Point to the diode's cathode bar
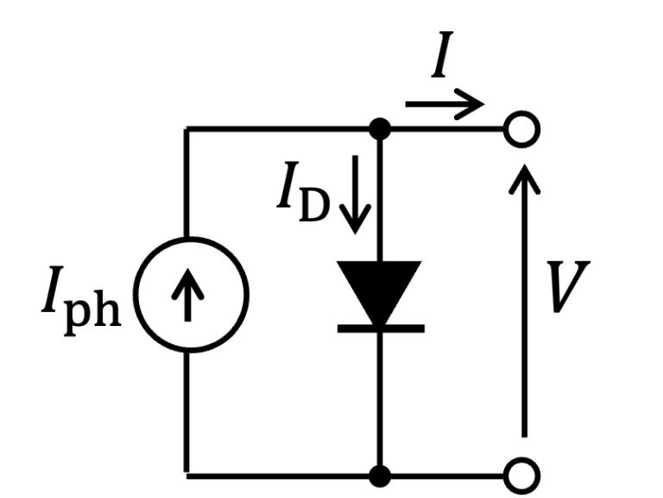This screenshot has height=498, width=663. (x=379, y=329)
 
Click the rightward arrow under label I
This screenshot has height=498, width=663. (x=445, y=105)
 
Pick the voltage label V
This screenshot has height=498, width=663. (x=571, y=288)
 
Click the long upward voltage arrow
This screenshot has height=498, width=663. (x=523, y=303)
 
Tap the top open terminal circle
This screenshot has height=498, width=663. (x=522, y=131)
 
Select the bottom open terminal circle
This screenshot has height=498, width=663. (x=522, y=475)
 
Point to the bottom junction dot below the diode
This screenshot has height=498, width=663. (x=379, y=475)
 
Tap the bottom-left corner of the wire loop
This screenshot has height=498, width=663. (x=186, y=475)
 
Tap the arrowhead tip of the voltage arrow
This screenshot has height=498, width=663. (x=523, y=164)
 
